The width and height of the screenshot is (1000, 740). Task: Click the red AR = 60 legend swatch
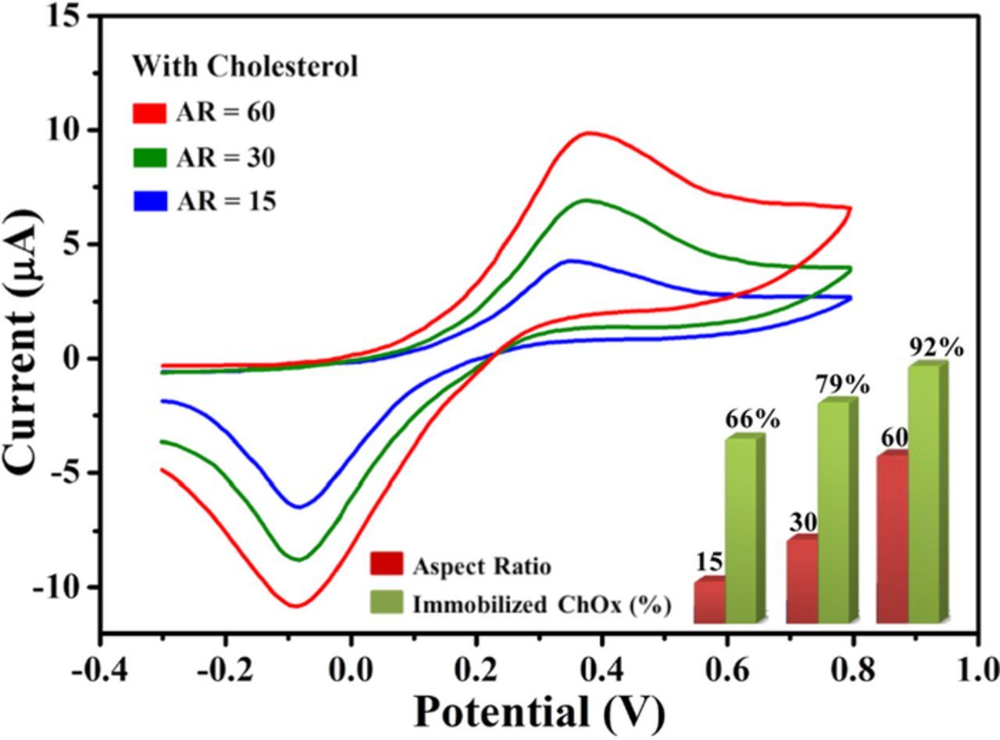[149, 113]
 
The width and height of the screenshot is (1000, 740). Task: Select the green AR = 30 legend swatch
[149, 158]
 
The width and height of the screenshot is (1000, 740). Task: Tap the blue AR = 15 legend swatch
[149, 202]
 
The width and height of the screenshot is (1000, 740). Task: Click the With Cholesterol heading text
[245, 67]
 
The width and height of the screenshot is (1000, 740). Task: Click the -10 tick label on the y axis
[58, 587]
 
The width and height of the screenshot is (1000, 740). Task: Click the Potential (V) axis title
[539, 712]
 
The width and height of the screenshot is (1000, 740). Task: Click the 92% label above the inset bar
[936, 347]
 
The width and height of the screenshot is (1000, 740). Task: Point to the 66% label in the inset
[752, 420]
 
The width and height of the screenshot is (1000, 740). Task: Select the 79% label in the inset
[842, 384]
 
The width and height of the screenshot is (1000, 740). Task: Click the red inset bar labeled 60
[892, 539]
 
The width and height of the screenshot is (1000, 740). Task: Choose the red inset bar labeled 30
[802, 581]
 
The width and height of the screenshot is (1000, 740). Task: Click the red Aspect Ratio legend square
[387, 564]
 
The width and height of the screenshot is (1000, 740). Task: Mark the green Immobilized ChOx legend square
[387, 602]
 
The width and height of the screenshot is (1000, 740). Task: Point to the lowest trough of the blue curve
[299, 507]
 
